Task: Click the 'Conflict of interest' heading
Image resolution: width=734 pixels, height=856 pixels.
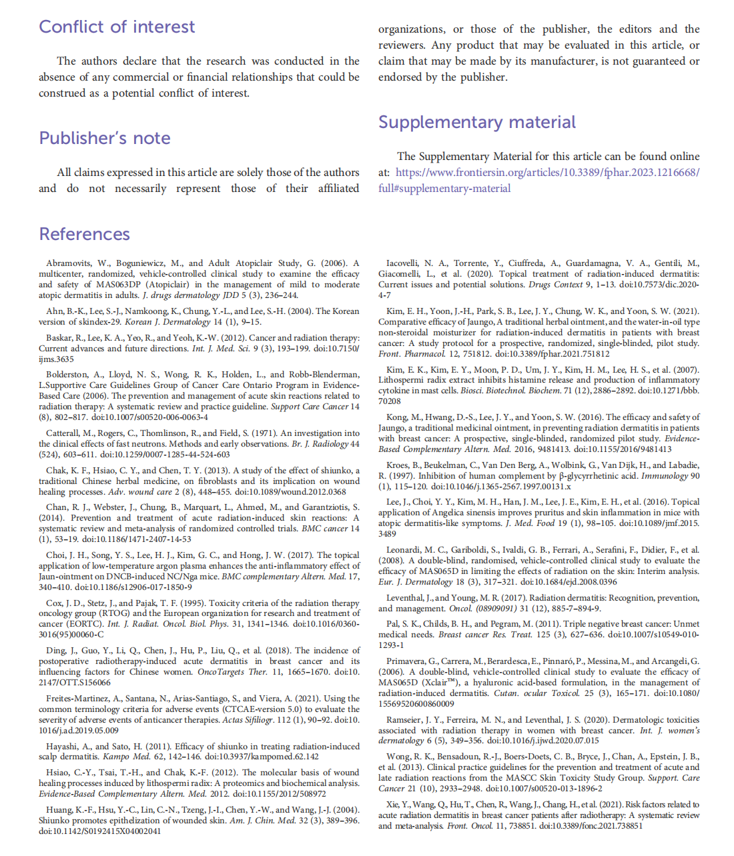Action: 117,27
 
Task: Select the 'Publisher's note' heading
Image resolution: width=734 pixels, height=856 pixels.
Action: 105,138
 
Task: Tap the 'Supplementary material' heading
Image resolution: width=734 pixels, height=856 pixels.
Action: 477,122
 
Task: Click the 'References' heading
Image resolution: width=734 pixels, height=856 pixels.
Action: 85,234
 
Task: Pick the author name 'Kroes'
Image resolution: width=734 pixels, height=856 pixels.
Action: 398,465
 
